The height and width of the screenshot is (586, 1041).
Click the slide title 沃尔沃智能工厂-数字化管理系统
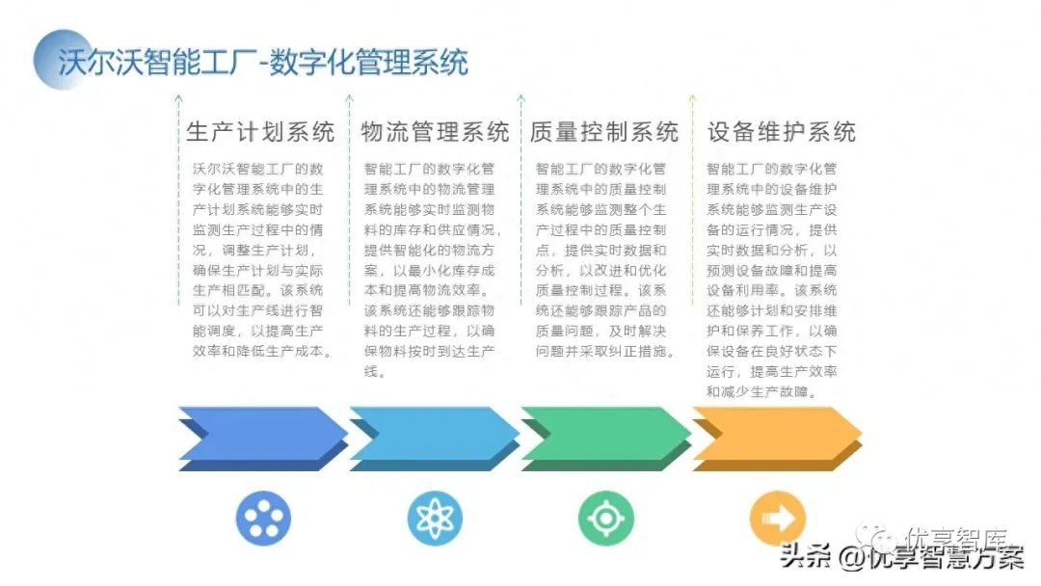tap(262, 63)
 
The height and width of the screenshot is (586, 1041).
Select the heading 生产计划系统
tap(260, 131)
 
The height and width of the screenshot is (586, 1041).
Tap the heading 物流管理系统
tap(435, 131)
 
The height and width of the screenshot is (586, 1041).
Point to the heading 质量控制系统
tap(604, 131)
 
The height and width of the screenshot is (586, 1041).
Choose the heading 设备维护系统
tap(782, 131)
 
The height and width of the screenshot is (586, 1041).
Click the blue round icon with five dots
tap(263, 519)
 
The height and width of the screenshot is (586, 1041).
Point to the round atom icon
tap(435, 519)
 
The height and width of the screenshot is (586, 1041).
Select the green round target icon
tap(605, 519)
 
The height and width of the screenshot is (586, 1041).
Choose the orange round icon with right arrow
tap(777, 519)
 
